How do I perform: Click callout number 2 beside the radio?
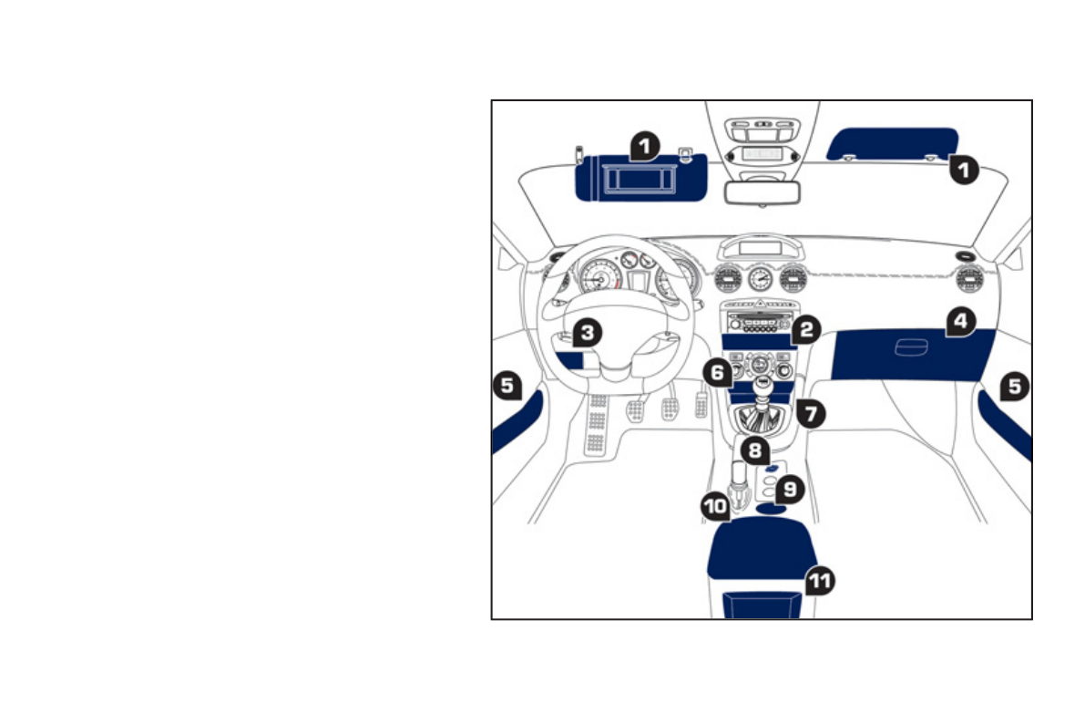point(804,330)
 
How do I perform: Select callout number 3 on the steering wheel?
point(588,333)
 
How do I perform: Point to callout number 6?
point(717,372)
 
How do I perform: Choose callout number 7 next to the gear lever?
point(810,412)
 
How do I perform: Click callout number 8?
point(754,450)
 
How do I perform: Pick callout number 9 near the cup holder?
point(789,490)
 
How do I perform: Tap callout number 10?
point(715,504)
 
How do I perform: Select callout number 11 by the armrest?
point(820,580)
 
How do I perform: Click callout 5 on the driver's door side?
point(507,385)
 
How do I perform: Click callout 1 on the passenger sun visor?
point(964,170)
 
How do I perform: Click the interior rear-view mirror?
point(762,192)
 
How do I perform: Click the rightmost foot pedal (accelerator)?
point(701,404)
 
